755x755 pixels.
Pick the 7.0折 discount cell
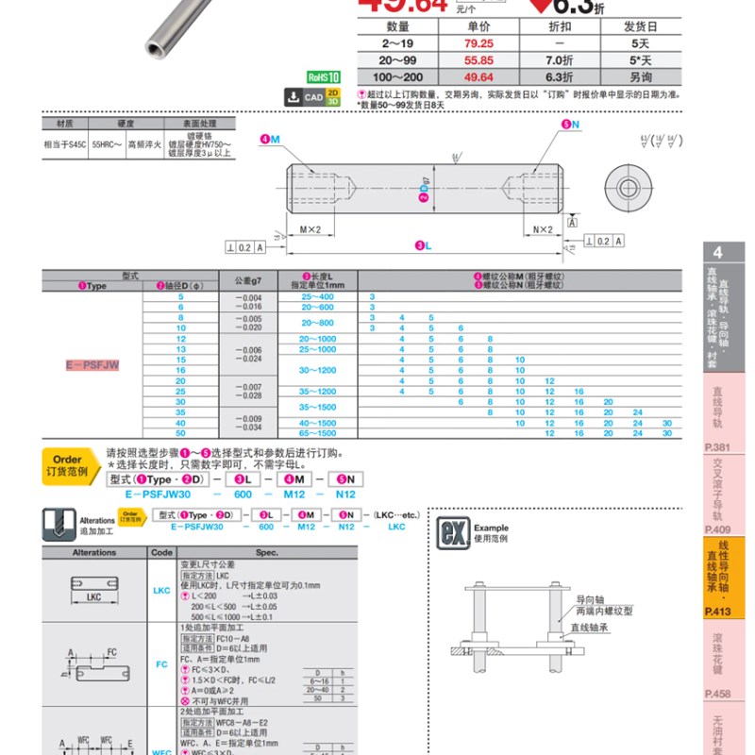(560, 59)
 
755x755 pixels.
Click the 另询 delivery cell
(641, 75)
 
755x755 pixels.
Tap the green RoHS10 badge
(323, 78)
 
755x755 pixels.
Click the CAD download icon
(293, 96)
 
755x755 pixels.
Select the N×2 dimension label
(543, 229)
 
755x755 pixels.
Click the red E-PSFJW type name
(92, 364)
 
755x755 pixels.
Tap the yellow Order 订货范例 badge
(67, 464)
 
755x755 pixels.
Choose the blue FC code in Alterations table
(161, 664)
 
